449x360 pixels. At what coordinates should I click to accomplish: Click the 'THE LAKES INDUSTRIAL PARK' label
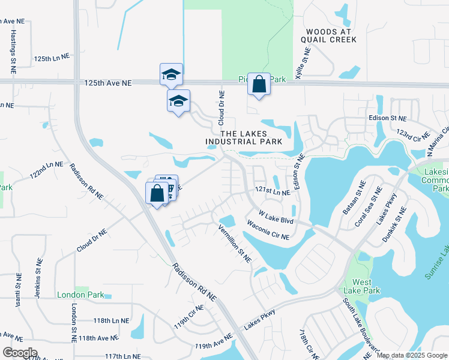(x=243, y=138)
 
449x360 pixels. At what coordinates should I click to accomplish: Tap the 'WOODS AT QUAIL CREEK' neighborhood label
(x=331, y=35)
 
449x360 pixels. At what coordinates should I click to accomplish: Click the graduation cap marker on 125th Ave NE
(x=171, y=75)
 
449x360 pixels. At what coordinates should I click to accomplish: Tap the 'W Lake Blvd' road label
(x=276, y=217)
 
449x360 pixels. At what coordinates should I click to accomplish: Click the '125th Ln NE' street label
(x=52, y=59)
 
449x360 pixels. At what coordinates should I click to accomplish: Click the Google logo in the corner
(x=20, y=353)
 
